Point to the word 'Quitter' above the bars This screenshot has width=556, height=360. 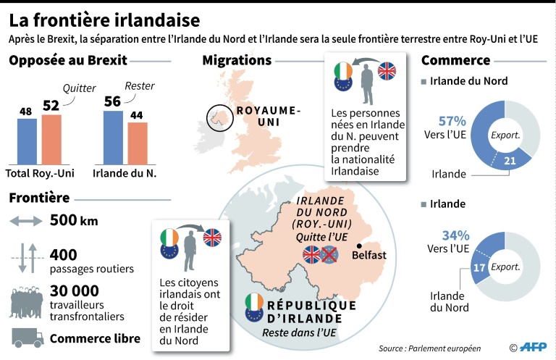click(x=79, y=88)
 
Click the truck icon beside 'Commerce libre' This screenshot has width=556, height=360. click(x=28, y=338)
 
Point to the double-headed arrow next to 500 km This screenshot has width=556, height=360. click(x=27, y=221)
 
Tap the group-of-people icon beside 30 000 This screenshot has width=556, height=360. click(x=27, y=301)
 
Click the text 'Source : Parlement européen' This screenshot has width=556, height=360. click(x=429, y=348)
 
